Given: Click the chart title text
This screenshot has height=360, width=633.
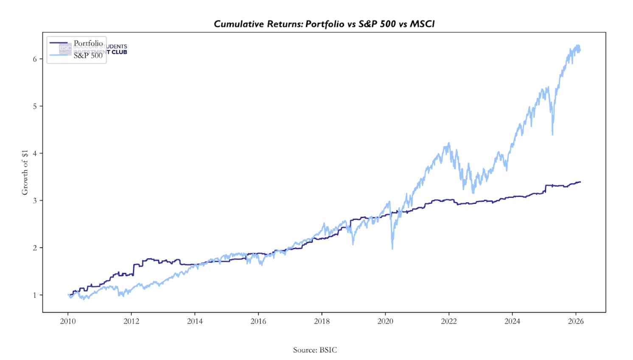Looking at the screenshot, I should point(324,24).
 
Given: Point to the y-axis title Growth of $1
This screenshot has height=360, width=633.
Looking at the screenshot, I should point(25,172).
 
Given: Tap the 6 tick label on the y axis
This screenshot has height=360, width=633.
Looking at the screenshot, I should point(35,59).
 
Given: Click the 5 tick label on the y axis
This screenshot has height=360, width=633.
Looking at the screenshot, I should point(35,106).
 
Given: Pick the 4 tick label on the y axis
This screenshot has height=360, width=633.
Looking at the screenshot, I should point(35,153).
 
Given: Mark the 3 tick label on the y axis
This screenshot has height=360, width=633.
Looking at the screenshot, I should point(35,200).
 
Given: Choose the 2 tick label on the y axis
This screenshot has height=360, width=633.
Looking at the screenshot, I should point(35,248).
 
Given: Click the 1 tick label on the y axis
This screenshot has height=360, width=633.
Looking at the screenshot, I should point(35,295).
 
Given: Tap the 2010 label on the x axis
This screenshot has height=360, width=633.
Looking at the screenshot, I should point(68,321).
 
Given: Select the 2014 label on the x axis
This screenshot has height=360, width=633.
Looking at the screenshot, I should point(195,321).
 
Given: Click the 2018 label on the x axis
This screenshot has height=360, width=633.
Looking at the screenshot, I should point(322,321).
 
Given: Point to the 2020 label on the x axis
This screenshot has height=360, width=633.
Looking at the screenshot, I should point(385,321).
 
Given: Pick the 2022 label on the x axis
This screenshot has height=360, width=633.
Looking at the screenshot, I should point(449,321).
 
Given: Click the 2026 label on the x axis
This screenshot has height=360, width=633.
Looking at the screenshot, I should point(576,321).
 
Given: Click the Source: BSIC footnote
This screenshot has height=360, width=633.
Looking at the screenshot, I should point(315,350).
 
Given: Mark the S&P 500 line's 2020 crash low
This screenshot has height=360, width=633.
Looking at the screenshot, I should point(392,249).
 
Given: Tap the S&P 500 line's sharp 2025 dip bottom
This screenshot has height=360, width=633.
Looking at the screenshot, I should point(552,135).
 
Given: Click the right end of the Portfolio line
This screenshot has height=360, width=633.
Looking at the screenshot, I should point(580,182).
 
